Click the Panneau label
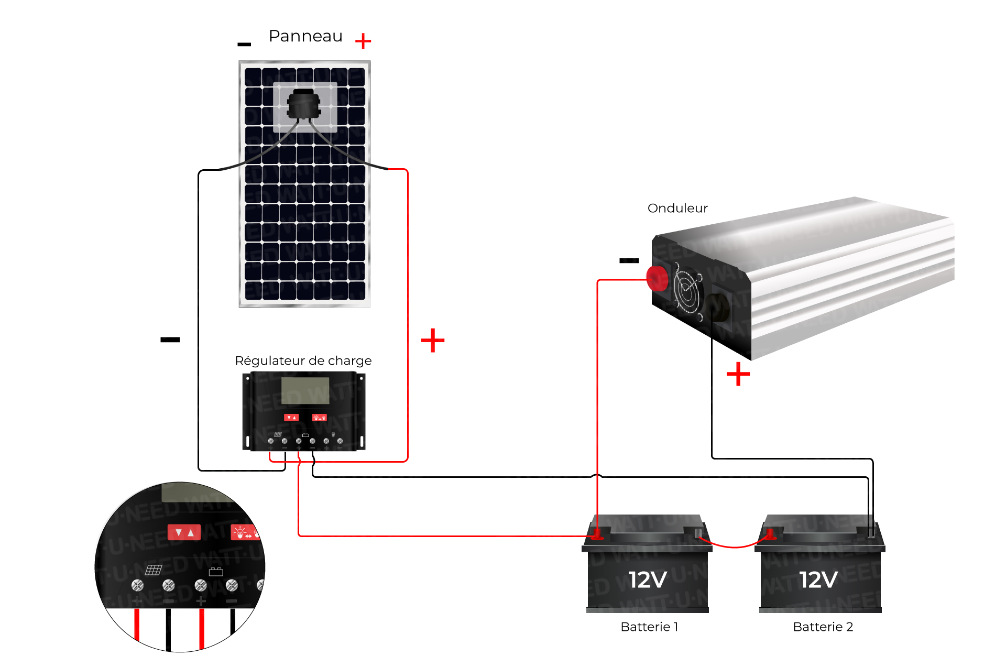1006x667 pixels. click(305, 36)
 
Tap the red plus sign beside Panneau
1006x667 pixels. click(363, 41)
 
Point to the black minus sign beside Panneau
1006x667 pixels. click(244, 45)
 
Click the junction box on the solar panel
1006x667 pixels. click(303, 104)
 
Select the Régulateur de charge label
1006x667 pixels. click(303, 360)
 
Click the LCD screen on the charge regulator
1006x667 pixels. click(305, 390)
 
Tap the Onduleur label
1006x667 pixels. click(677, 208)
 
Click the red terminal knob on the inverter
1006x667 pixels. click(657, 278)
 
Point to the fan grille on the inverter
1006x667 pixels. click(687, 291)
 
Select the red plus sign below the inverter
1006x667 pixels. click(738, 374)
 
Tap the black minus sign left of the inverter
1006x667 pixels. click(629, 260)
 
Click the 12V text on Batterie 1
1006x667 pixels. click(647, 579)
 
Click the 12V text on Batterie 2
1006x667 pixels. click(818, 579)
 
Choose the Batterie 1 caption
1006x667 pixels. click(649, 627)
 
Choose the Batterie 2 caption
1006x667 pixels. click(823, 627)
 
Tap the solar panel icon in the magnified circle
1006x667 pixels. click(154, 570)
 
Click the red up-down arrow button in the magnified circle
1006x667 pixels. click(184, 532)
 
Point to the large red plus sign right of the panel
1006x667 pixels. click(433, 341)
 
